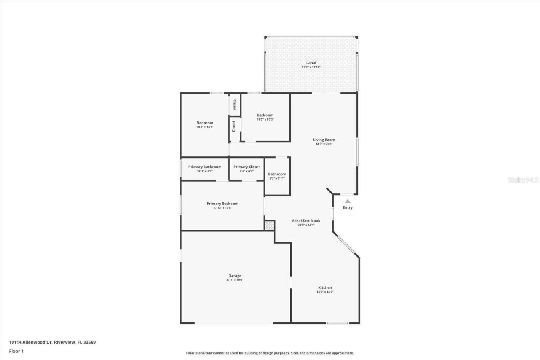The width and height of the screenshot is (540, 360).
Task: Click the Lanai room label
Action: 311,63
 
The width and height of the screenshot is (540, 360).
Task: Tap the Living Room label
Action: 324,140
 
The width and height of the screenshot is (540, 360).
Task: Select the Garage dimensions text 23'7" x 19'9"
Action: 235,280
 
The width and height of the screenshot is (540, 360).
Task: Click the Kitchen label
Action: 325,287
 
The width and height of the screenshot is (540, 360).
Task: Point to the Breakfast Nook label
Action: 306,220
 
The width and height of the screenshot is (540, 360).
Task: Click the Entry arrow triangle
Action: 347,201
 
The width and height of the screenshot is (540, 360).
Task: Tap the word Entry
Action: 348,207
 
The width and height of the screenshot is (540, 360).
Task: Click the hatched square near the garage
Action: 269,226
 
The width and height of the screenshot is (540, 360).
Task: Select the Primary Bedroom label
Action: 222,204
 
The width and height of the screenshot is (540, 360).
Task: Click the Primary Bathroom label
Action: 205,167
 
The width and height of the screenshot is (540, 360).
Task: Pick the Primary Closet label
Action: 246,167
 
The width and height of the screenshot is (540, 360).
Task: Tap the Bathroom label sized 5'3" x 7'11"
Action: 277,174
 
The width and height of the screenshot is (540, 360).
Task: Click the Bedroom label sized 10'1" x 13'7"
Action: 205,123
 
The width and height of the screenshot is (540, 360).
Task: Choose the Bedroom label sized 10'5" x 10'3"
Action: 265,115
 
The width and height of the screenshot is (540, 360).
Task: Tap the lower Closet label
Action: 233,126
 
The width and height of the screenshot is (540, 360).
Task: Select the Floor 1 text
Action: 16,351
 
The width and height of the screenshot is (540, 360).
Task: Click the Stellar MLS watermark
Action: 523,180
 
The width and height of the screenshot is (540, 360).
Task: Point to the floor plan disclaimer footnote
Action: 270,353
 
